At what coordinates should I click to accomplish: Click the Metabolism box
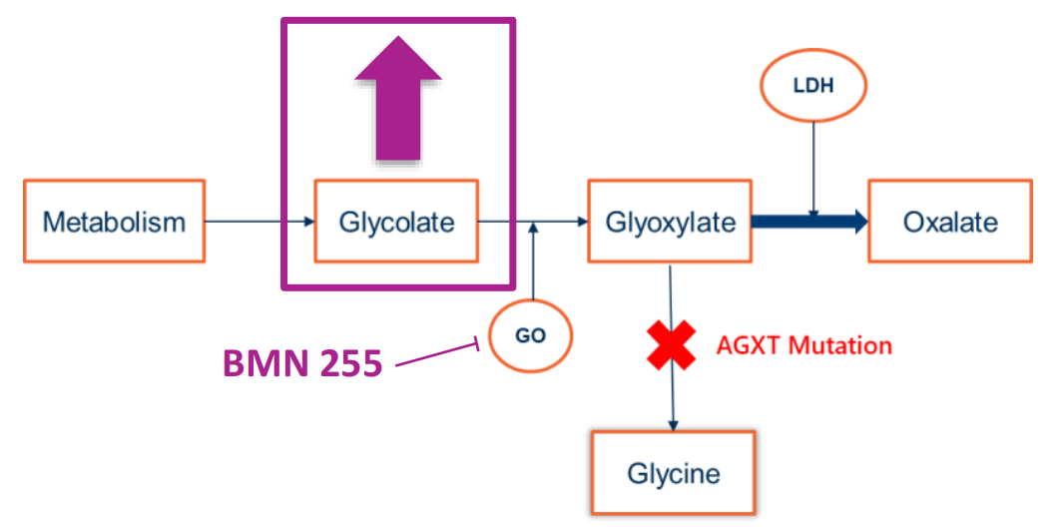[x=114, y=221]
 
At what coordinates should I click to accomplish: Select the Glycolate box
[x=396, y=221]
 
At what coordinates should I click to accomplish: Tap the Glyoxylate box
[x=670, y=221]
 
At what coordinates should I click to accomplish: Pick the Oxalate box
[x=949, y=221]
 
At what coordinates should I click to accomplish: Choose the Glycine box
[x=674, y=472]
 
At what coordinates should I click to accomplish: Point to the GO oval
[x=531, y=335]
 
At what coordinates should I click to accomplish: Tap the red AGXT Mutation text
[x=803, y=345]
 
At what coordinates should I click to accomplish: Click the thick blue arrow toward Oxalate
[x=809, y=222]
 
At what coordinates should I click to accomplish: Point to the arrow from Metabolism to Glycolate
[x=259, y=221]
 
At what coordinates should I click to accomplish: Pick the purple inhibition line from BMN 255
[x=439, y=355]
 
